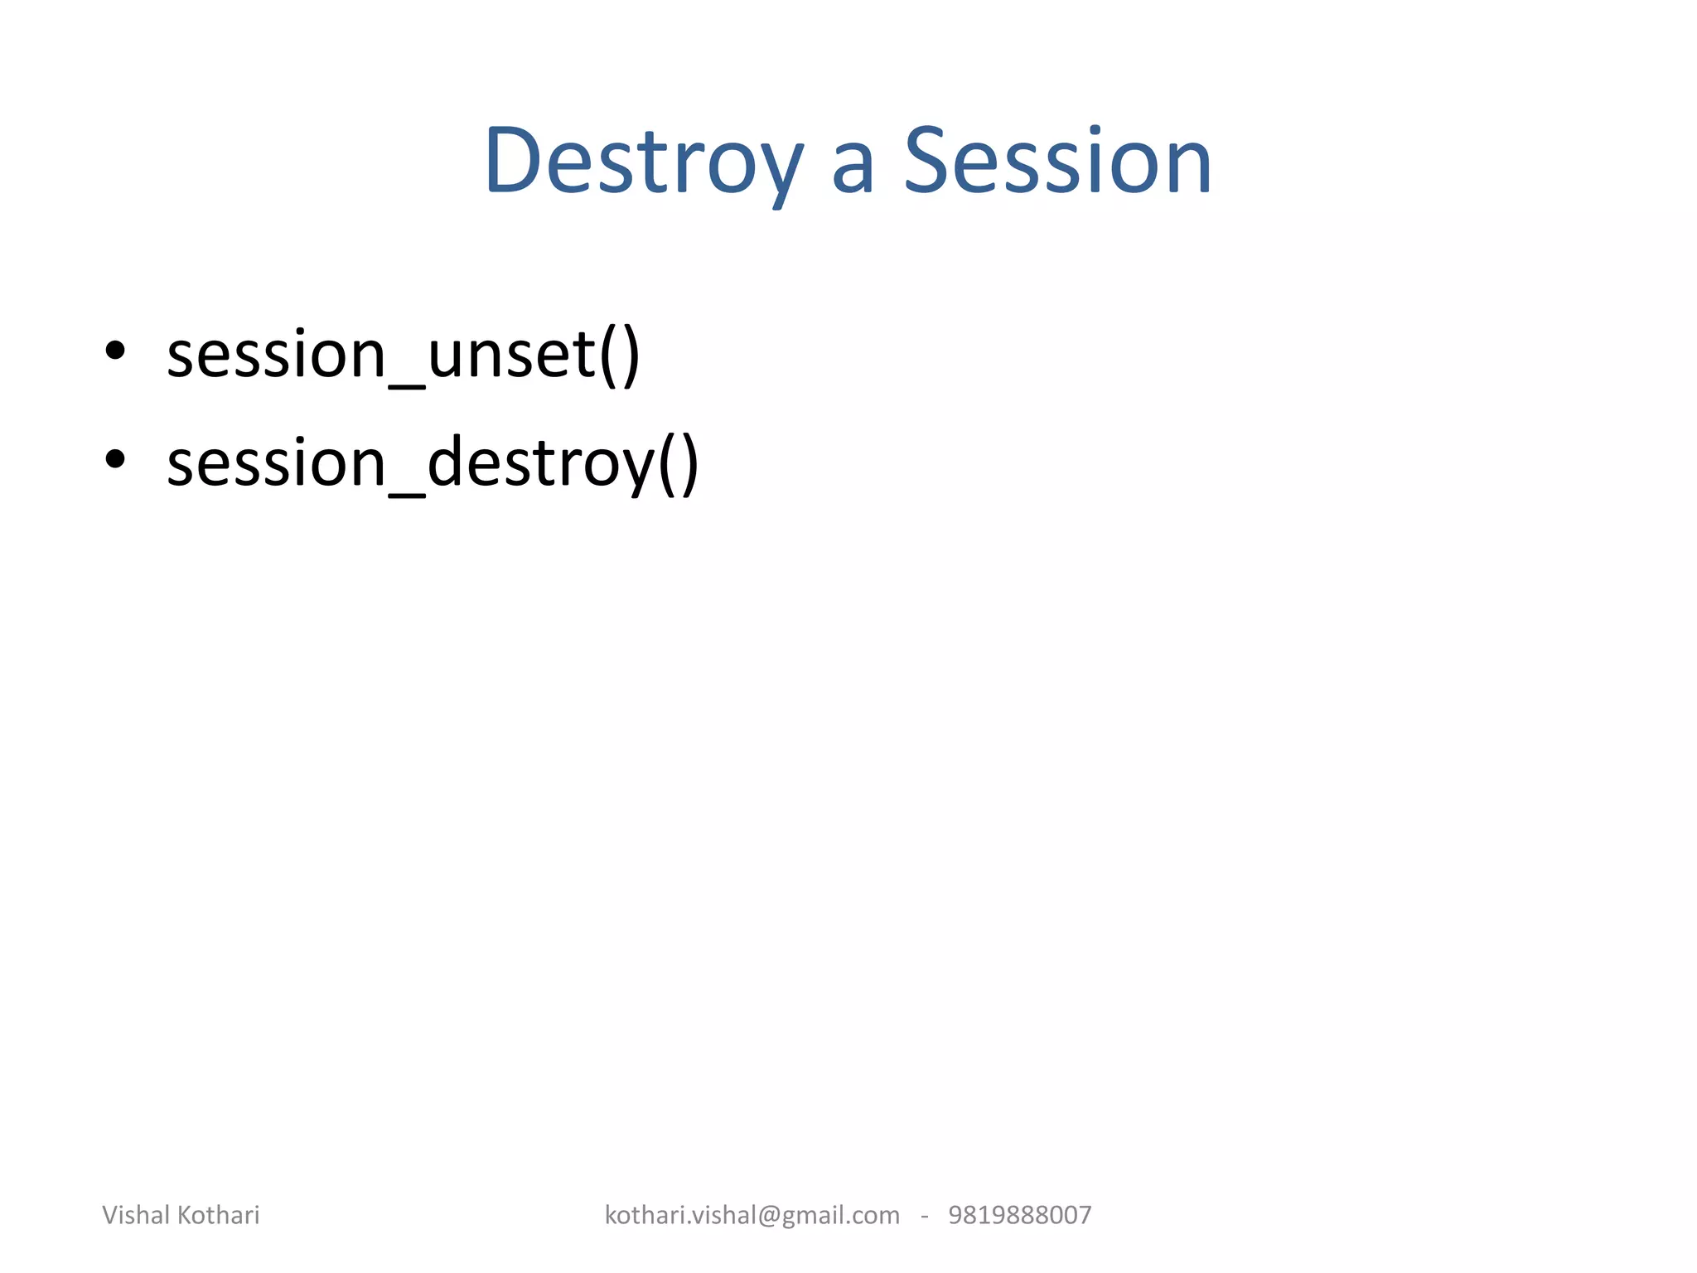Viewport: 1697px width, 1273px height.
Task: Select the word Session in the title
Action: coord(1057,162)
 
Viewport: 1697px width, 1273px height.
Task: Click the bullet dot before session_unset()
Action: coord(115,351)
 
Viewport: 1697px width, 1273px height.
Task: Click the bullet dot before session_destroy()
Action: coord(115,459)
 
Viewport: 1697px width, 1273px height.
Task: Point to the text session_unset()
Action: coord(404,355)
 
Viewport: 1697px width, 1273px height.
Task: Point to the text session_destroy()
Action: coord(433,463)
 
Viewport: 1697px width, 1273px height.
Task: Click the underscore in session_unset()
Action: coord(407,383)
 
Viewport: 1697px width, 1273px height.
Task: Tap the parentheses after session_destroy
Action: coord(679,464)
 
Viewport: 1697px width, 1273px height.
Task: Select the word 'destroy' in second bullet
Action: coord(540,464)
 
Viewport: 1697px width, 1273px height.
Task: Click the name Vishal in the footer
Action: coord(137,1215)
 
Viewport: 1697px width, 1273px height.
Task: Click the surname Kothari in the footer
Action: coord(219,1215)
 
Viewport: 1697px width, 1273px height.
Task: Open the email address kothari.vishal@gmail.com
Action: coord(752,1215)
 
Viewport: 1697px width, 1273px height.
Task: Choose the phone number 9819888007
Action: coord(1019,1215)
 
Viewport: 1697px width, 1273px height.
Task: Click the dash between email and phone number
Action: coord(924,1217)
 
